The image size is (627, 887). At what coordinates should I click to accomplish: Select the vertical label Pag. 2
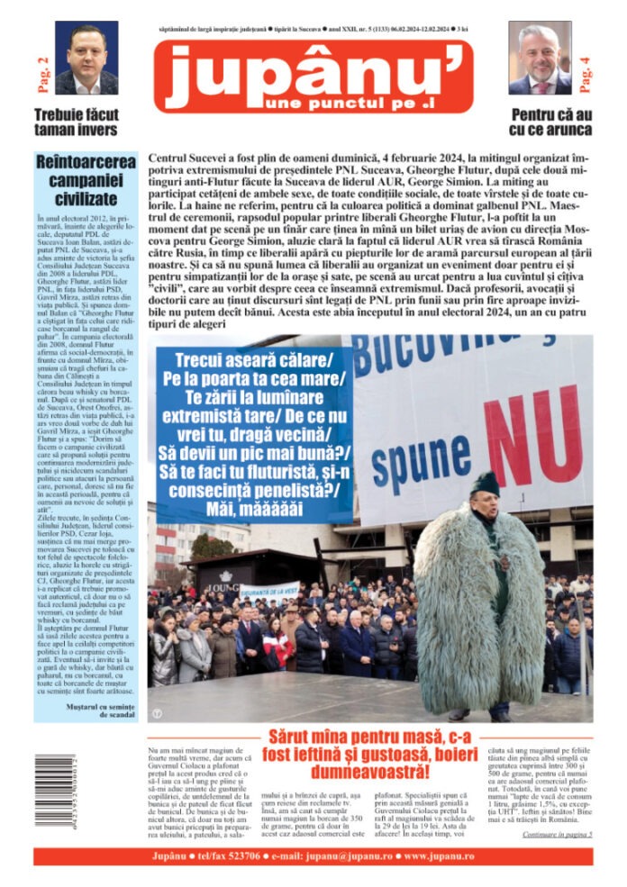point(42,76)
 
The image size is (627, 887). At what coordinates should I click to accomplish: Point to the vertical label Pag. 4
point(585,76)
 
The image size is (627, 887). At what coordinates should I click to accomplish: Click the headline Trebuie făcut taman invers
point(76,122)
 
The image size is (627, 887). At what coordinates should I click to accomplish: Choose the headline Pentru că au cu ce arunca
point(550,122)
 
